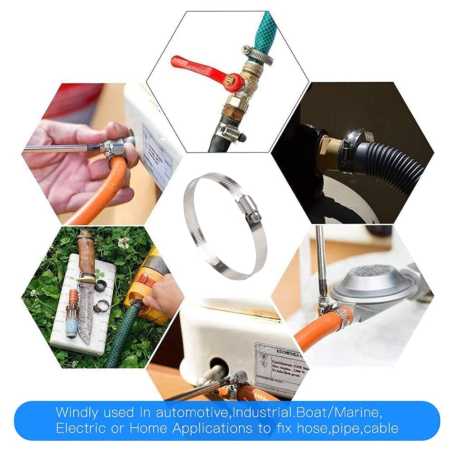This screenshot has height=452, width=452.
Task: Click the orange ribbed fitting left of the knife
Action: (74, 298)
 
